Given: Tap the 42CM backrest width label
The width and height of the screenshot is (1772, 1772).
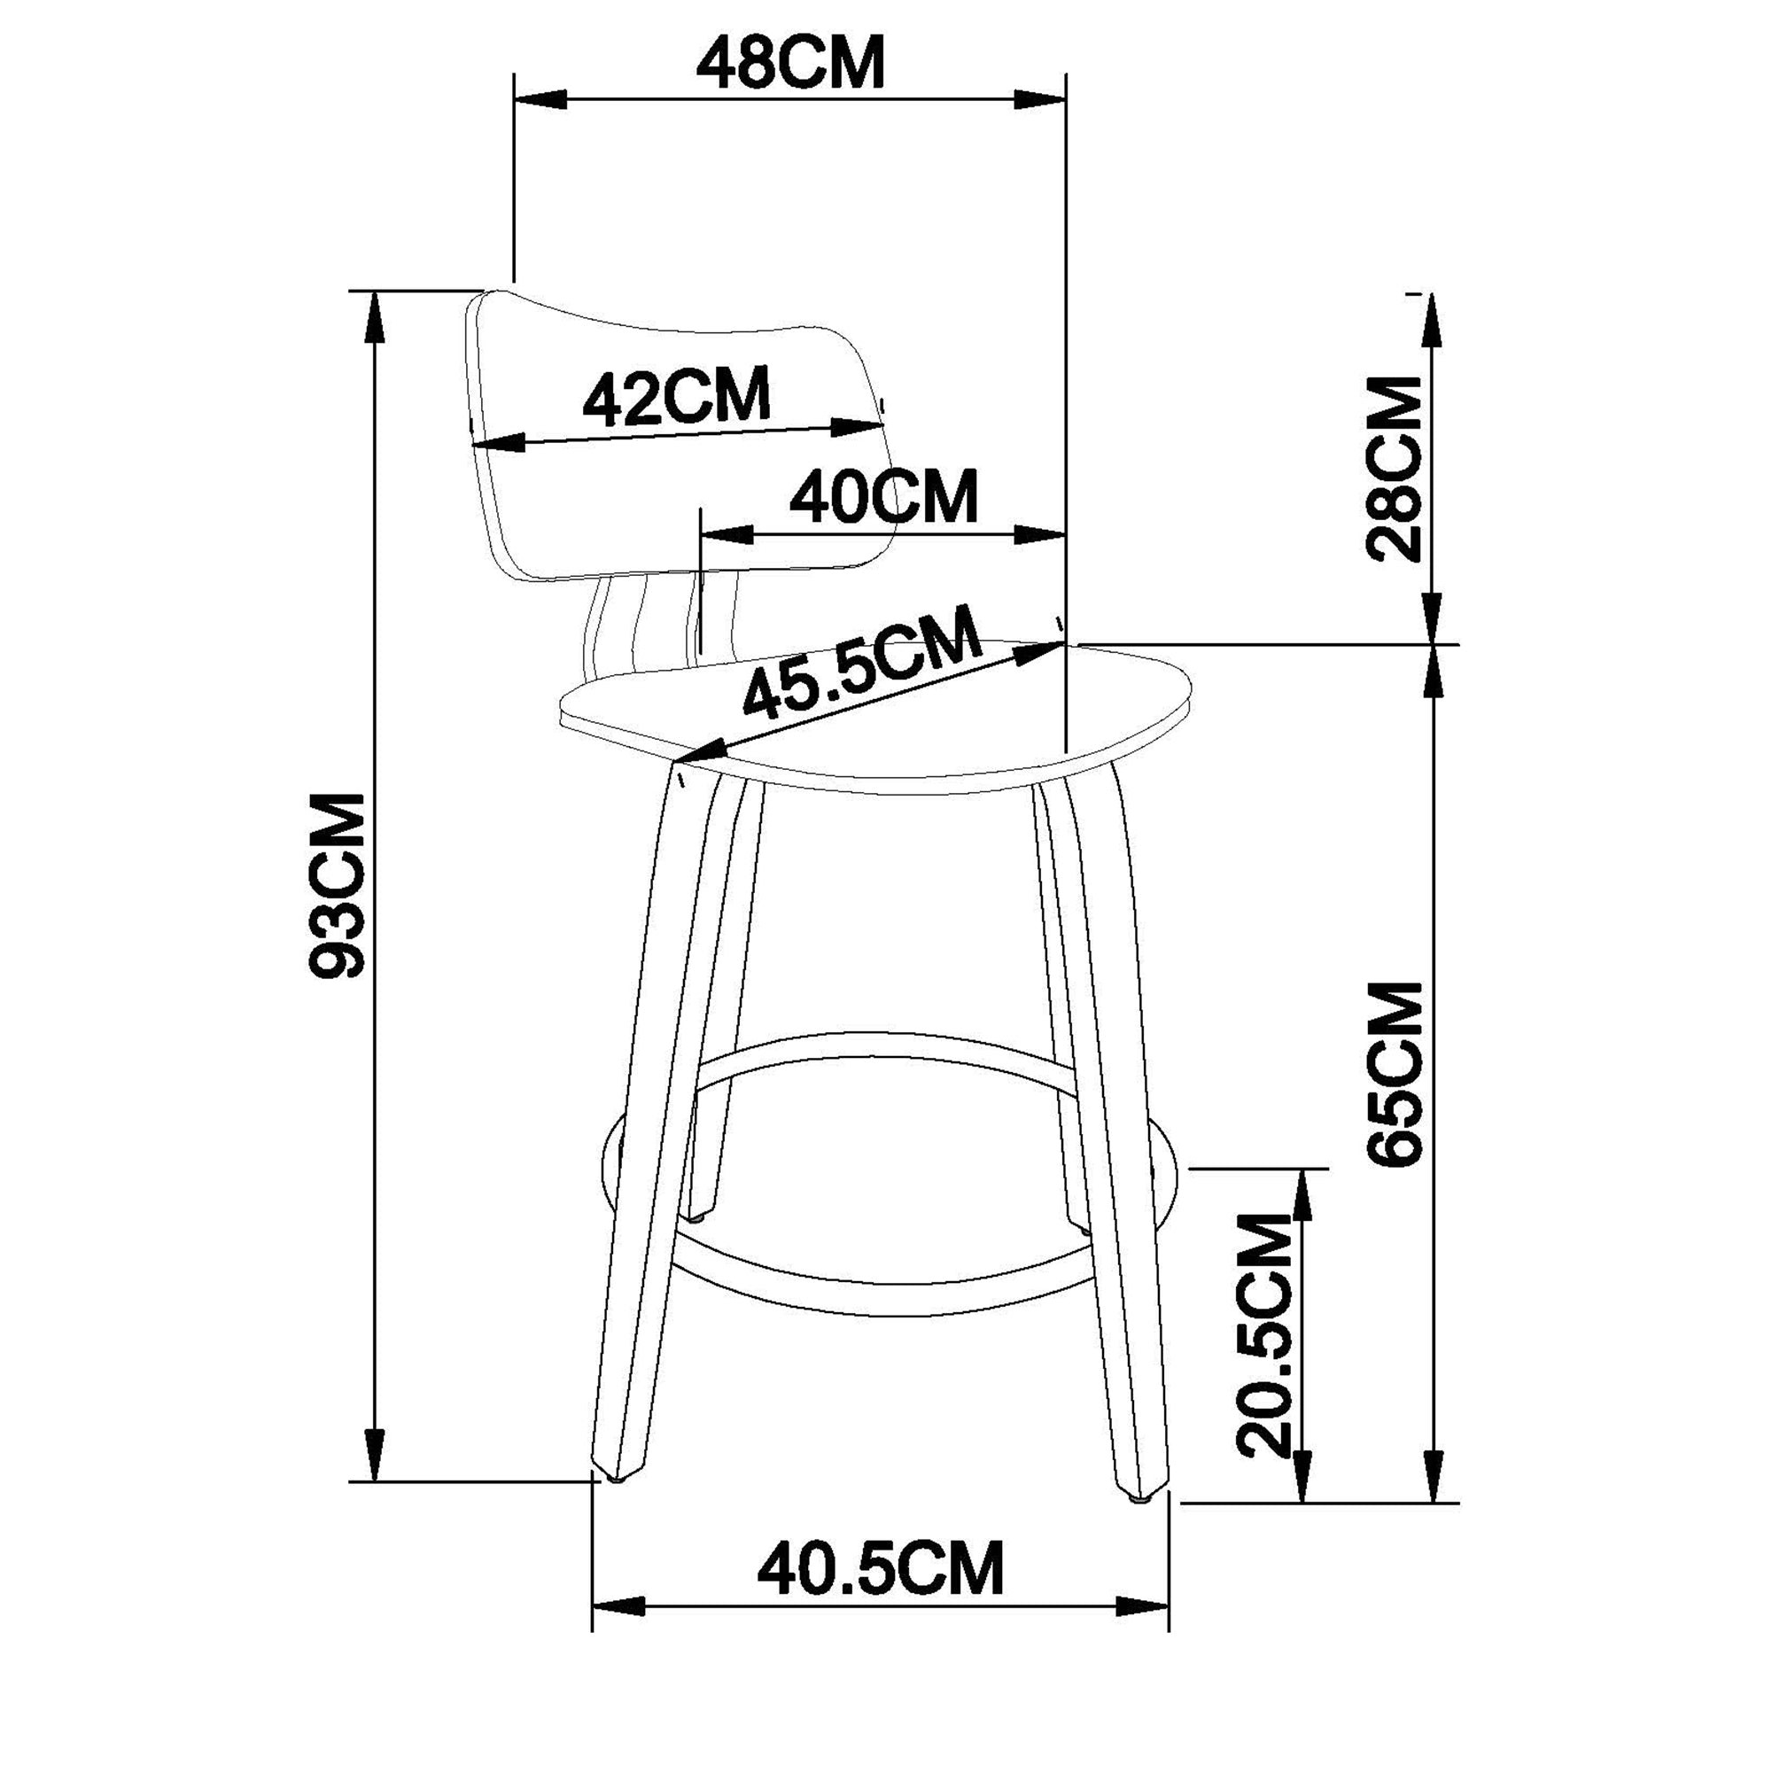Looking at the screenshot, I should click(677, 397).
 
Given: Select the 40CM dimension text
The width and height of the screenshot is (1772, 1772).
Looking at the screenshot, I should click(884, 497).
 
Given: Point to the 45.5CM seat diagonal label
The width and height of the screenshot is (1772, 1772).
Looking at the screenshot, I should click(861, 662).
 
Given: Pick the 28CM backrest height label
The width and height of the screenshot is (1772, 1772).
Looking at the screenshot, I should click(1393, 468).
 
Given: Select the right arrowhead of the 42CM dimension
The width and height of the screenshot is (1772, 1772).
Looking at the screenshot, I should click(856, 426).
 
